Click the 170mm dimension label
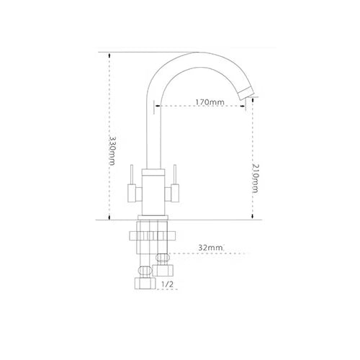click(x=210, y=102)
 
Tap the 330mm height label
click(x=112, y=150)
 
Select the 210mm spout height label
click(x=256, y=179)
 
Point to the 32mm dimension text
click(x=210, y=248)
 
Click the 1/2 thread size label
click(x=167, y=284)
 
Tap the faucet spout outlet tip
click(x=247, y=94)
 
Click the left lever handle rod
click(x=132, y=174)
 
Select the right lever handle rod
click(x=175, y=174)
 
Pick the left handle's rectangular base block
click(x=132, y=193)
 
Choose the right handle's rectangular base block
click(x=175, y=193)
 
